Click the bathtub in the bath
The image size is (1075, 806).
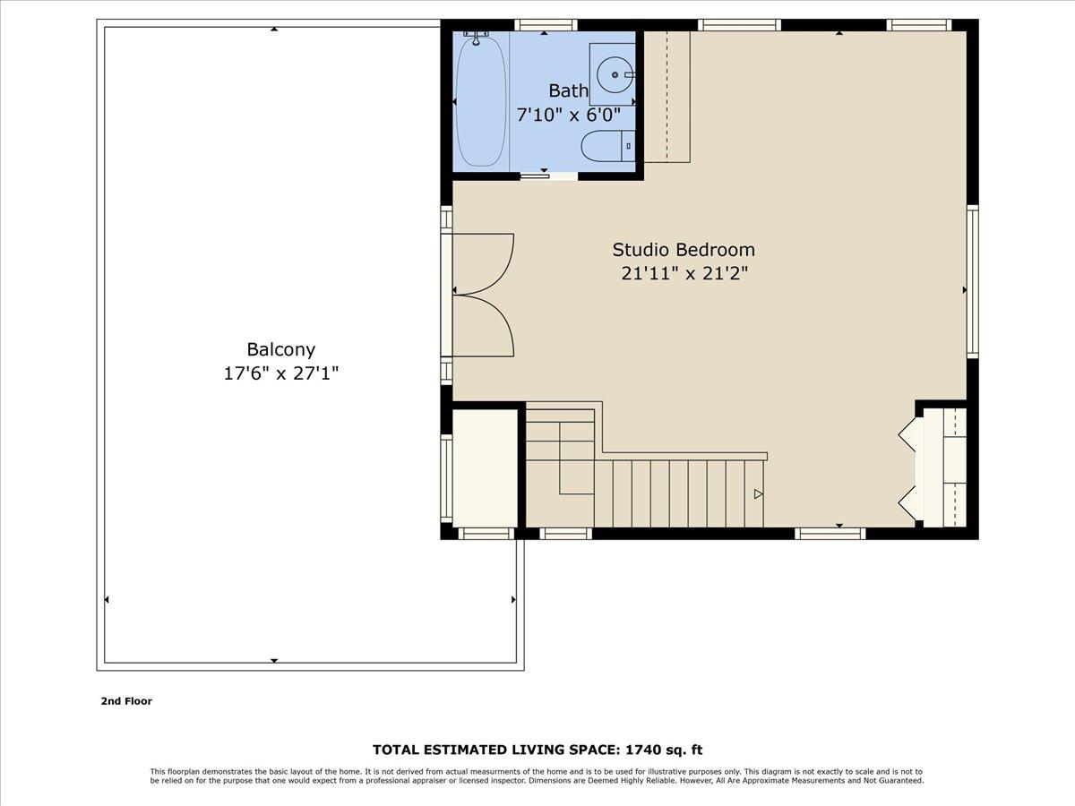pyautogui.click(x=480, y=103)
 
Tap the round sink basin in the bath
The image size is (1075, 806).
pyautogui.click(x=615, y=75)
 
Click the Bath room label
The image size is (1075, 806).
pyautogui.click(x=569, y=90)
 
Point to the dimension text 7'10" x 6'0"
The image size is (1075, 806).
pyautogui.click(x=569, y=115)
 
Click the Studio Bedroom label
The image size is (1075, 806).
pyautogui.click(x=684, y=250)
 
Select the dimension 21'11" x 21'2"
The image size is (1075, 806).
pyautogui.click(x=684, y=274)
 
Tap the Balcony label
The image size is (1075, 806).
pyautogui.click(x=280, y=350)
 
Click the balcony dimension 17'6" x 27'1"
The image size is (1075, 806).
pyautogui.click(x=280, y=373)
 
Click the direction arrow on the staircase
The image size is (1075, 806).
pyautogui.click(x=758, y=493)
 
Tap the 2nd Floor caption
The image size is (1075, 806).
pyautogui.click(x=126, y=701)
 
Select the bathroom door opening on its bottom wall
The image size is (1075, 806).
pyautogui.click(x=548, y=175)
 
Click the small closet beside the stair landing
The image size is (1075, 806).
pyautogui.click(x=485, y=468)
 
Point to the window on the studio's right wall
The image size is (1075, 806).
pyautogui.click(x=972, y=282)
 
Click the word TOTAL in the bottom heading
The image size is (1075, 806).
pyautogui.click(x=397, y=750)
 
